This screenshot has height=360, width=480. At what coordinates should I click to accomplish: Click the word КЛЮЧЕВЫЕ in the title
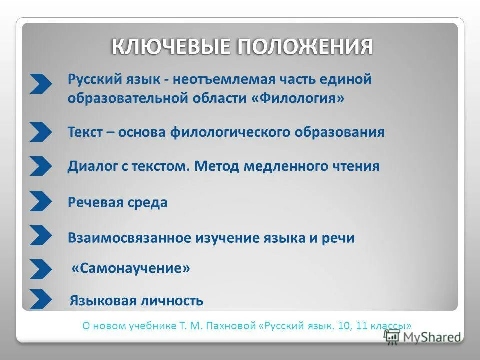pos(171,47)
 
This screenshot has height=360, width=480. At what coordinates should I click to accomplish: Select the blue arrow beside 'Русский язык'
pos(40,84)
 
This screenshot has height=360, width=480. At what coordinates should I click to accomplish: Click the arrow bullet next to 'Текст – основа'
pos(40,132)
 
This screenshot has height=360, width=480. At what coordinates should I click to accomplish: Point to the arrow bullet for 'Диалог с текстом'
pos(40,166)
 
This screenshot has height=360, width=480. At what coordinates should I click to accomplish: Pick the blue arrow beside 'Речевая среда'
pos(40,201)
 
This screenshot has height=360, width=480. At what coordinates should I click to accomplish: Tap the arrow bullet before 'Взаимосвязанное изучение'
pos(40,235)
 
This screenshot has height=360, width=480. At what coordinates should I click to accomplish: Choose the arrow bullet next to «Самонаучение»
pos(40,269)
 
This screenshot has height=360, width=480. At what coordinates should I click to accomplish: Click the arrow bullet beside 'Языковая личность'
pos(40,299)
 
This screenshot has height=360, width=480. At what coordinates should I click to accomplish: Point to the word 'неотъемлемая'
pos(203,79)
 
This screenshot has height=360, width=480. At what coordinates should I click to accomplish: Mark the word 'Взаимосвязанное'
pos(129,238)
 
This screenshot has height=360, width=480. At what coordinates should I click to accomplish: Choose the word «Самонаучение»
pos(131,269)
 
